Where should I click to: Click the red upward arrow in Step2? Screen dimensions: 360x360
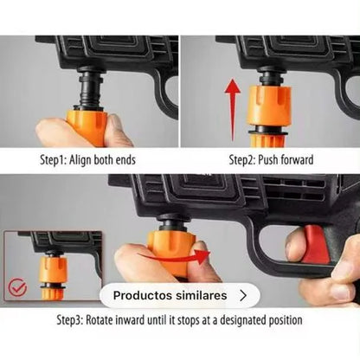pos(233,110)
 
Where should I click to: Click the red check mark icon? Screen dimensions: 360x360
pos(17,287)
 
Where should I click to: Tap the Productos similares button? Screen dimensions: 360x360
pos(180,295)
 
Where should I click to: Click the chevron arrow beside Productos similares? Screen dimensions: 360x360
pos(243,296)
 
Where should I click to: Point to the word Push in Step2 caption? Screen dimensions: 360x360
pos(268,160)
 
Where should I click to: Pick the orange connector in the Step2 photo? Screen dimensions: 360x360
pos(269,115)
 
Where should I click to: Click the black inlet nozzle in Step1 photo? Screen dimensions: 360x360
pos(90,89)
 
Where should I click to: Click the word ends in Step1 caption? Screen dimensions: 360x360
pos(125,160)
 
